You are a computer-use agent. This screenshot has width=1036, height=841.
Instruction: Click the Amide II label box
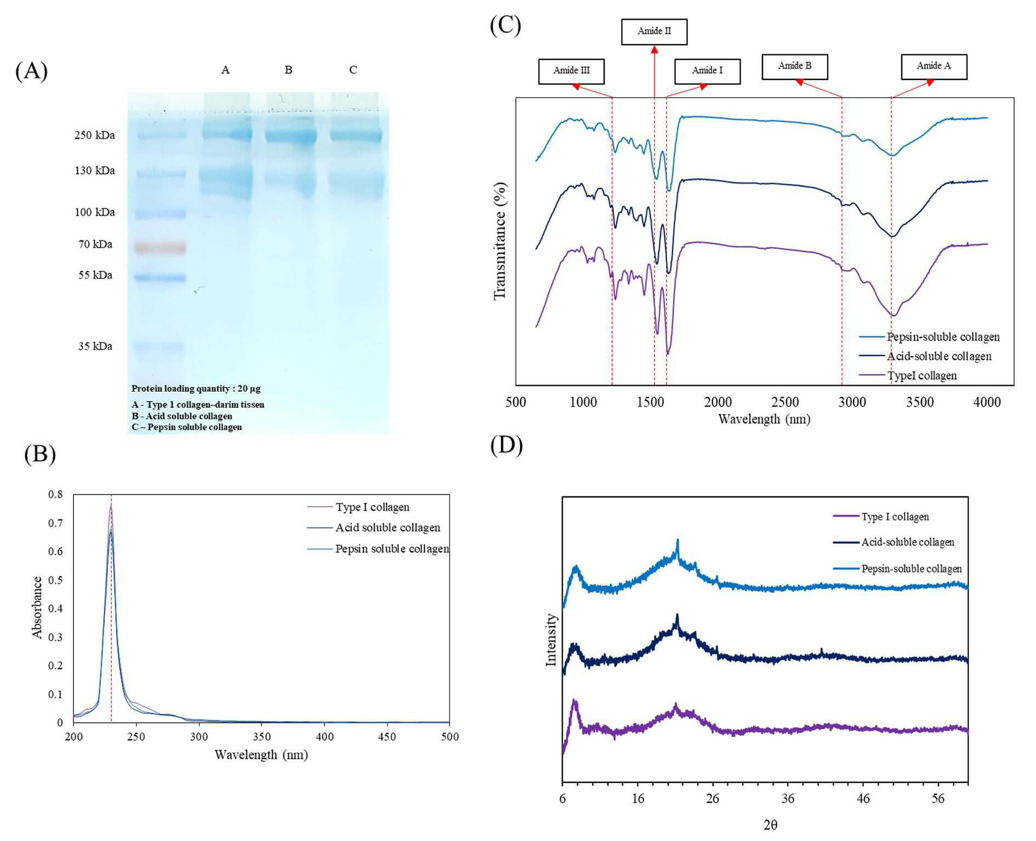point(654,32)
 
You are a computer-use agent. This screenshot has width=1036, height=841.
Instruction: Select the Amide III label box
point(571,71)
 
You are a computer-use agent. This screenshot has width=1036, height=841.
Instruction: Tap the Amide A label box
point(934,67)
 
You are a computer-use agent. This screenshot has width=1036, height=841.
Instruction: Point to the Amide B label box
point(795,67)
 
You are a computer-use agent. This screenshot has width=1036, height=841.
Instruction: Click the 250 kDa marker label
point(95,135)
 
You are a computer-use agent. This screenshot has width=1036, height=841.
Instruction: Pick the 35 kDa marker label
point(95,346)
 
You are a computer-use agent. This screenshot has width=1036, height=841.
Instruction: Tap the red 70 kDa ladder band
point(161,247)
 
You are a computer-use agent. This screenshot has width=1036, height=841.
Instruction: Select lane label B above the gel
point(288,70)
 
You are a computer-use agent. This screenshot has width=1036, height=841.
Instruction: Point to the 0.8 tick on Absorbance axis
point(55,494)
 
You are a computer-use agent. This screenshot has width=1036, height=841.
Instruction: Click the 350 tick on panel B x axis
point(261,736)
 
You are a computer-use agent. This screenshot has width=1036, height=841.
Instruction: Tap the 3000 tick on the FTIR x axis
point(852,402)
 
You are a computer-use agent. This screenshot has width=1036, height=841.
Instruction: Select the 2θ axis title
point(770,825)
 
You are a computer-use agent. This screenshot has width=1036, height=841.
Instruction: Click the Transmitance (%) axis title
point(499,241)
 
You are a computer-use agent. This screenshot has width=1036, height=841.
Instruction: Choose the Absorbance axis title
point(37,608)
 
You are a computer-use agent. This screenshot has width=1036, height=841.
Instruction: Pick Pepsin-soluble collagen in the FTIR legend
point(943,337)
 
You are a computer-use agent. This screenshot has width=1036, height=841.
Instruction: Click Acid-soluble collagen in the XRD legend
point(908,542)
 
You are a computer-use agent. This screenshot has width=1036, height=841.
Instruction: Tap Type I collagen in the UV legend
point(373,507)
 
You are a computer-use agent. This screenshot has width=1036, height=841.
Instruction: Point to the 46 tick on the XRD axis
point(863,799)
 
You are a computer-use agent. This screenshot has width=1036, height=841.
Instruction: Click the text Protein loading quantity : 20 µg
point(196,388)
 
